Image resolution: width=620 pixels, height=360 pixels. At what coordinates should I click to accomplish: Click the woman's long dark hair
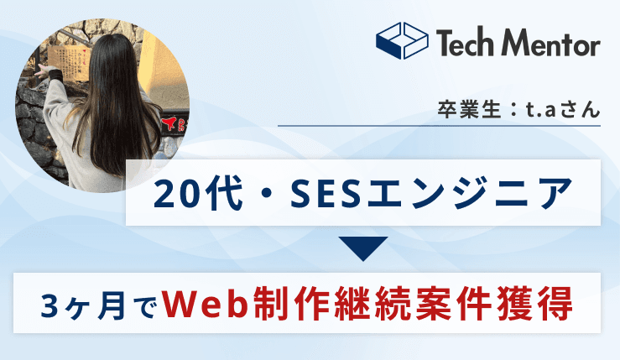(x=113, y=101)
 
